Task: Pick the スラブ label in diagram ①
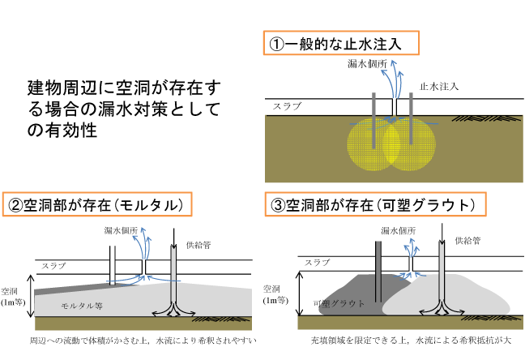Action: click(287, 106)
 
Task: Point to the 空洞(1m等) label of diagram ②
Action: click(13, 296)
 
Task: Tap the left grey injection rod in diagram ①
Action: click(373, 120)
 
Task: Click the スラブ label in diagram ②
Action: click(53, 265)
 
